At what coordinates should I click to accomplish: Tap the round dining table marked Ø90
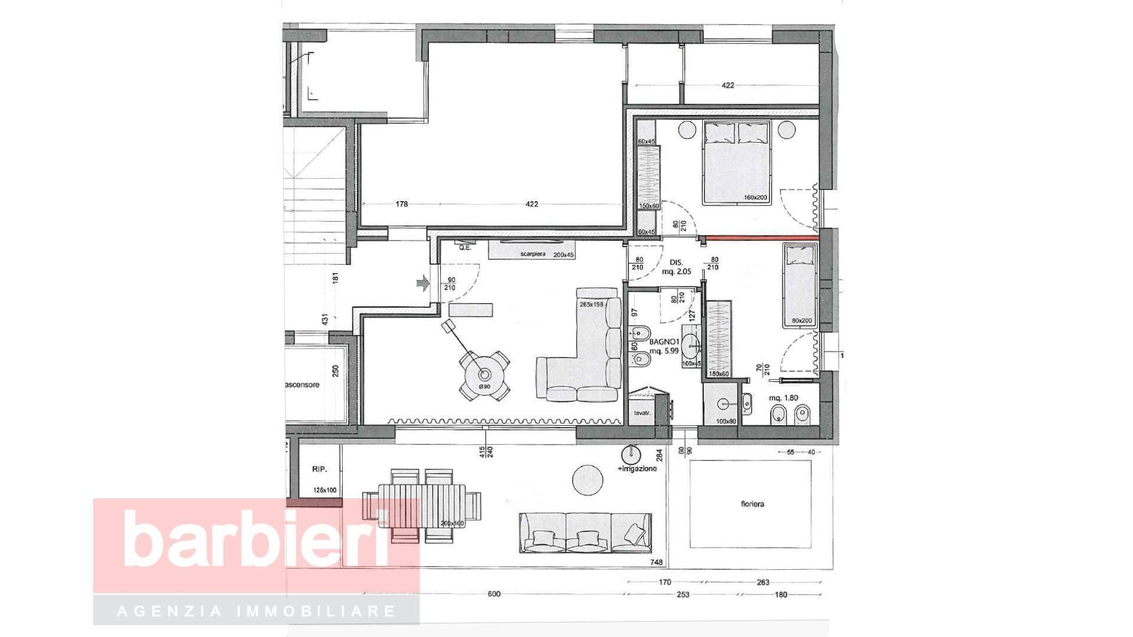[x=484, y=375]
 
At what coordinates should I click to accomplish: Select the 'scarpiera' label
[x=532, y=254]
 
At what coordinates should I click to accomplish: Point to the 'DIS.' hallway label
[x=676, y=262]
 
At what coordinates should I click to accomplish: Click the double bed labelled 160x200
[x=736, y=162]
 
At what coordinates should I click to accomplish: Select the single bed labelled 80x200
[x=800, y=286]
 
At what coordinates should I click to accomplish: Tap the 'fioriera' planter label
[x=752, y=504]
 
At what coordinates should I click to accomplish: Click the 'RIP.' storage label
[x=319, y=469]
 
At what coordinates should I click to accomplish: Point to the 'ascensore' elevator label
[x=302, y=385]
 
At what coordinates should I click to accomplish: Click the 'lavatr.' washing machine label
[x=642, y=413]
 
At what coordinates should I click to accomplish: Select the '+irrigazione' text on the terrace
[x=637, y=468]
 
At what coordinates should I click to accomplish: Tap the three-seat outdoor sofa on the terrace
[x=585, y=532]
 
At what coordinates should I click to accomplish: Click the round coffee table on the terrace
[x=588, y=480]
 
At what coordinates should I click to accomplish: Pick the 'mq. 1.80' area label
[x=783, y=398]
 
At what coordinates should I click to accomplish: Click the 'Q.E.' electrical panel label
[x=465, y=248]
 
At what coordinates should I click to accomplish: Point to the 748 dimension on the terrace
[x=656, y=563]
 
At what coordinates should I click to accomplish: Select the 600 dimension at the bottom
[x=494, y=594]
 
